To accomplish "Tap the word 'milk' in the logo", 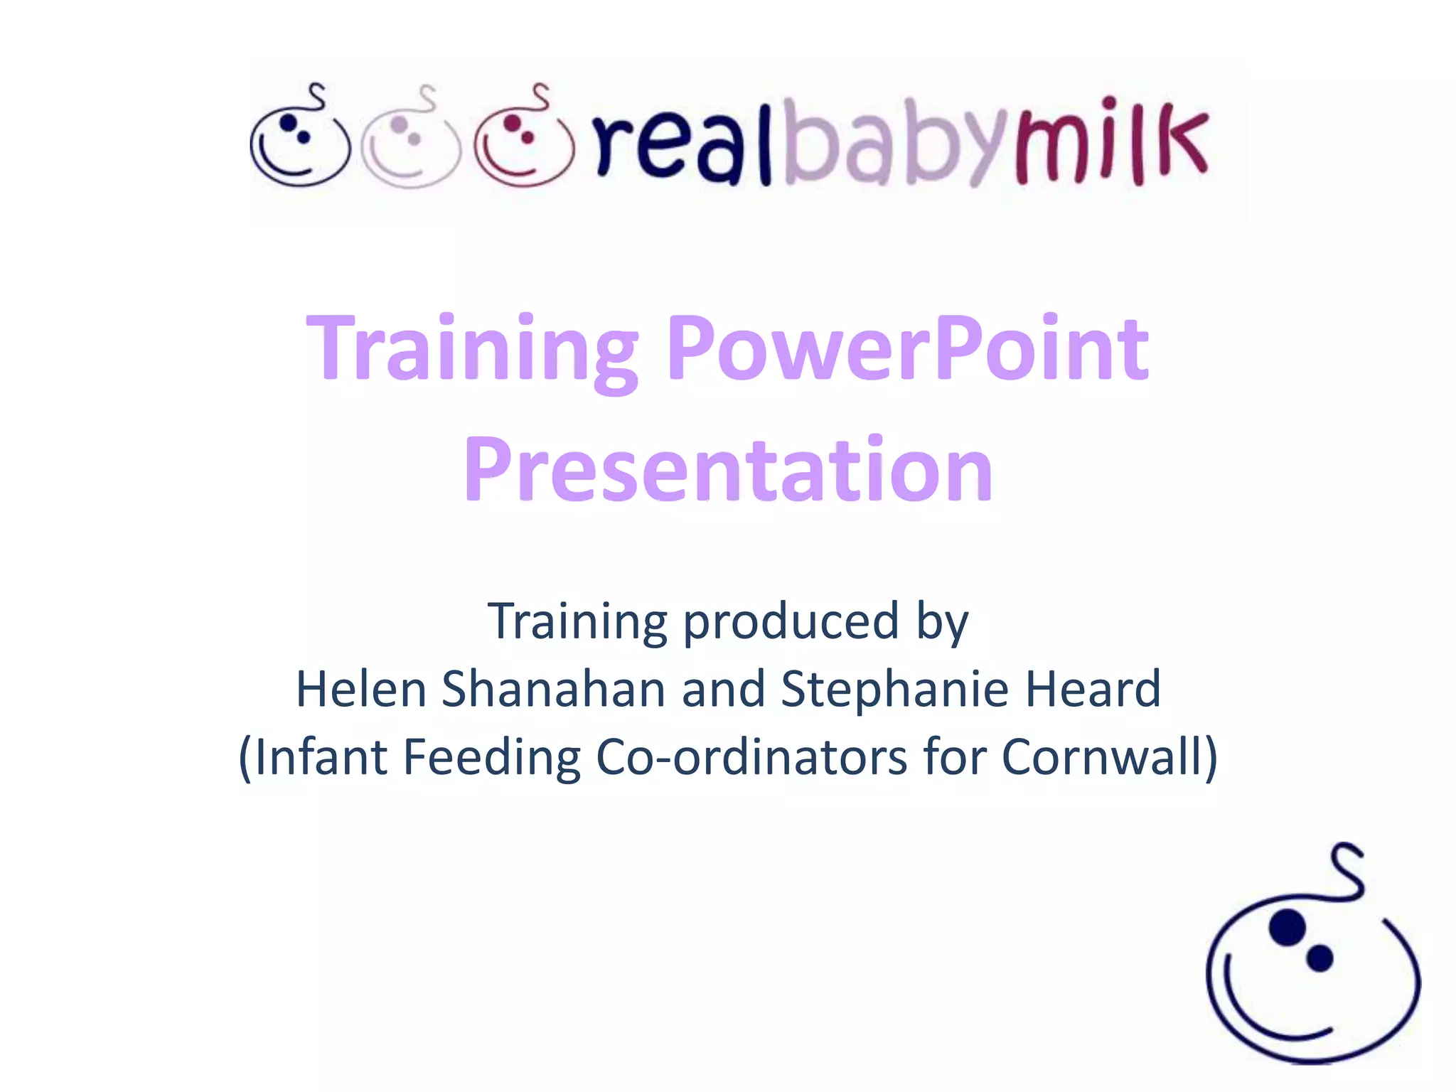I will tap(1113, 146).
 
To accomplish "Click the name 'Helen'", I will tap(361, 689).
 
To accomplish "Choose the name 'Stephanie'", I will tap(895, 689).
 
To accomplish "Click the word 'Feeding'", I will tap(492, 756).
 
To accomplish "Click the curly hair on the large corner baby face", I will tap(1347, 871).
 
